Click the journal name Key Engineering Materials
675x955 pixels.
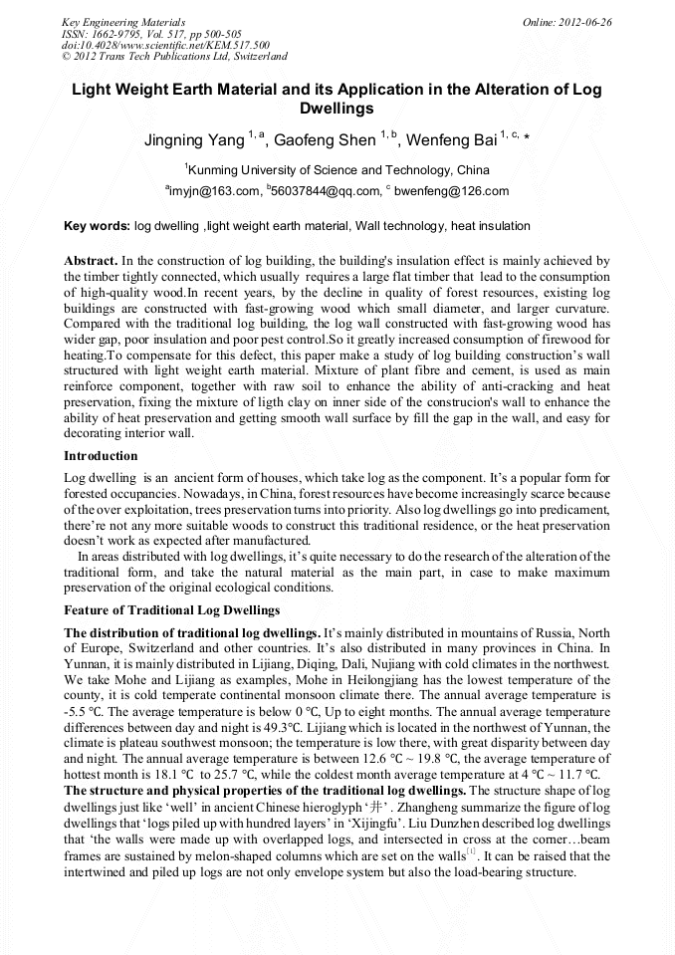[123, 21]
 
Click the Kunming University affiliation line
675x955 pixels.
[337, 169]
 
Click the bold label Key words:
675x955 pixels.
[97, 226]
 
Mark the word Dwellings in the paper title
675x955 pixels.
[337, 109]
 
